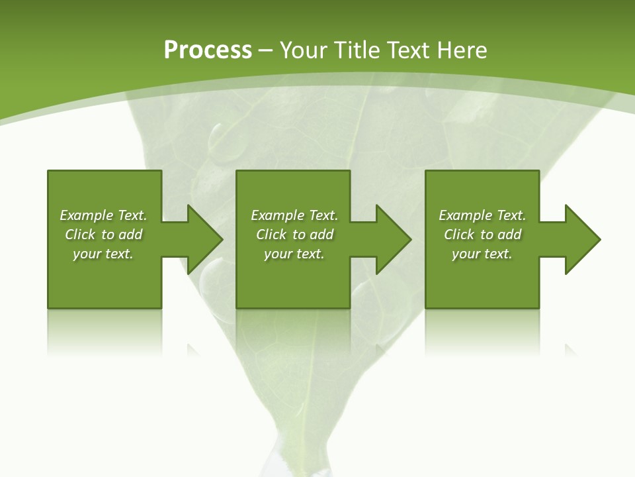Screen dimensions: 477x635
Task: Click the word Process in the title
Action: (x=208, y=50)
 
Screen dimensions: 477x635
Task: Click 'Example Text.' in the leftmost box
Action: (x=103, y=215)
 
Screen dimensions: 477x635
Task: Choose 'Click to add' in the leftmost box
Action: (x=103, y=235)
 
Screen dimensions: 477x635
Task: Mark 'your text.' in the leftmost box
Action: (x=103, y=254)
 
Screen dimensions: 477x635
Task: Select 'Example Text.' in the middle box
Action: (x=294, y=215)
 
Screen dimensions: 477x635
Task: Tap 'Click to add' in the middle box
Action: (x=294, y=235)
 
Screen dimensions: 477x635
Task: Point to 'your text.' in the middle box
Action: (x=294, y=254)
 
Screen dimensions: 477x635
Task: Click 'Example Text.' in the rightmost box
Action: (x=482, y=215)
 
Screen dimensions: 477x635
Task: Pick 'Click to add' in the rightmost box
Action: (x=482, y=235)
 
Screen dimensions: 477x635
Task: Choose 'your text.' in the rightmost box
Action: (x=482, y=254)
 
